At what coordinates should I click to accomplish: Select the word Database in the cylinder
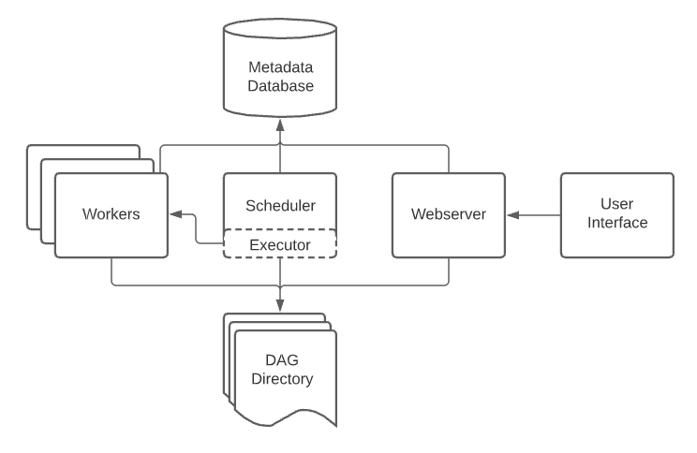[280, 86]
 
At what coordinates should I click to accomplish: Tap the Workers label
[111, 214]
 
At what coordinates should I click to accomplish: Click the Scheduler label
[280, 205]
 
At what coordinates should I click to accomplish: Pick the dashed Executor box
[280, 245]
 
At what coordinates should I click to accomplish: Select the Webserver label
[448, 214]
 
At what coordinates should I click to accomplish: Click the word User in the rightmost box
[616, 203]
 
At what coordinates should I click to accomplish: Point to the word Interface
[616, 223]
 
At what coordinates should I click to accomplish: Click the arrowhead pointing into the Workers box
[174, 215]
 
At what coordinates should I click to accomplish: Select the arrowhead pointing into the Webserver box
[511, 215]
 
